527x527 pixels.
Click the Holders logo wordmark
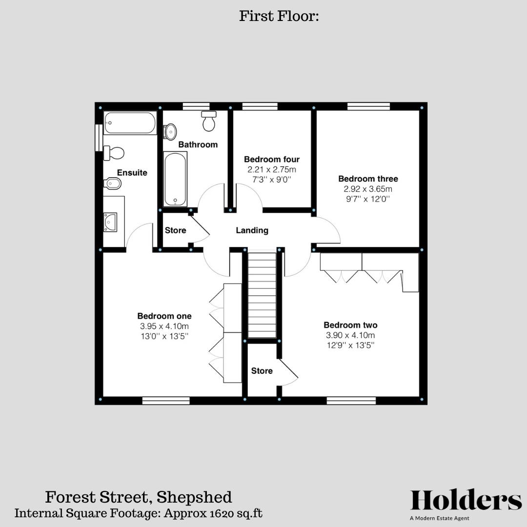pos(466,501)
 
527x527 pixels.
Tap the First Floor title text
pos(279,16)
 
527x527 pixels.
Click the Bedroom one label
pos(164,316)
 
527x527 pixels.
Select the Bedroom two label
pos(350,325)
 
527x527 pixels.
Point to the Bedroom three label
pos(368,179)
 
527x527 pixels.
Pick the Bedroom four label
pos(271,159)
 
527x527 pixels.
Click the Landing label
pos(252,230)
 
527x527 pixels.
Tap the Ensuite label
pos(132,173)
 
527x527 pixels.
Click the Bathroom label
pos(198,144)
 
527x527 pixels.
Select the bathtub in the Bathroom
pos(175,179)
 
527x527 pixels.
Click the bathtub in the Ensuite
pos(130,123)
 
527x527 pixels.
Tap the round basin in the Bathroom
pos(170,132)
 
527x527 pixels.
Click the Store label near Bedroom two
pos(262,371)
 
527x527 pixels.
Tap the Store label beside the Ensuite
pos(175,230)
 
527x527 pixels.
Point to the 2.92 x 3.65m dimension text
pos(368,189)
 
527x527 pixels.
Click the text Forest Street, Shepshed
pos(139,497)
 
